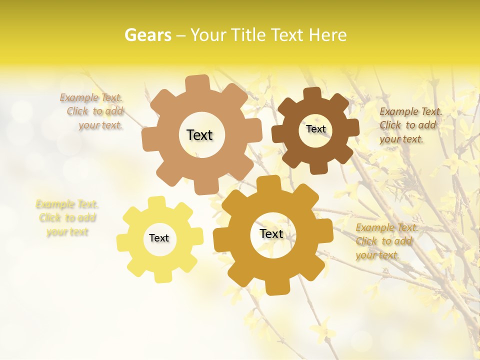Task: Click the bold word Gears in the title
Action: [x=147, y=35]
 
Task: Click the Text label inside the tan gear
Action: [x=199, y=135]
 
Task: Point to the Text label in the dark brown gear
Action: [x=315, y=129]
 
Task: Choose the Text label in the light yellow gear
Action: [x=159, y=238]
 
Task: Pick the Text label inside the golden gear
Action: [x=271, y=234]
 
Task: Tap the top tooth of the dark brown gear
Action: [x=312, y=94]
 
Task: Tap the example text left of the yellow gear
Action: [x=67, y=218]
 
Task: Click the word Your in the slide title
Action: [x=209, y=35]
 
